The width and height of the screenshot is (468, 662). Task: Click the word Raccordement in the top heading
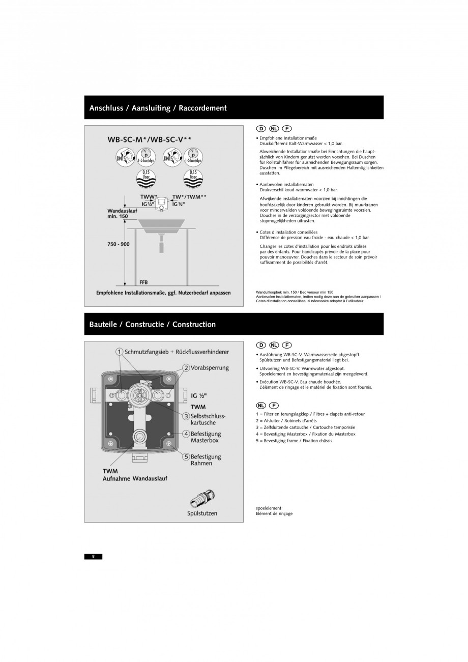pyautogui.click(x=202, y=108)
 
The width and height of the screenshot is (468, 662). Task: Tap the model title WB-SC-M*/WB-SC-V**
pyautogui.click(x=149, y=139)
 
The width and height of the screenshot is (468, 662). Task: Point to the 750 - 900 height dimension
pyautogui.click(x=118, y=244)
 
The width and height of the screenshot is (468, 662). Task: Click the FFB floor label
pyautogui.click(x=143, y=282)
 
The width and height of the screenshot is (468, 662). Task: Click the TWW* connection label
pyautogui.click(x=149, y=196)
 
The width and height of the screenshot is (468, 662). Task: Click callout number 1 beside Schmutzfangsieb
pyautogui.click(x=119, y=352)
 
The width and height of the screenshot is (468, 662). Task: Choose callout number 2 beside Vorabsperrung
pyautogui.click(x=186, y=367)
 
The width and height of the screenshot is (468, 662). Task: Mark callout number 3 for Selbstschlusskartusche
pyautogui.click(x=186, y=416)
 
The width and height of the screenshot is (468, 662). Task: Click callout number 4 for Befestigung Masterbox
pyautogui.click(x=186, y=434)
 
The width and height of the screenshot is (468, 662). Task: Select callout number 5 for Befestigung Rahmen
pyautogui.click(x=186, y=456)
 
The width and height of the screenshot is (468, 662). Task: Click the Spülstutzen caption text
pyautogui.click(x=202, y=513)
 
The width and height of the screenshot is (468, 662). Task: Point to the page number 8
pyautogui.click(x=93, y=556)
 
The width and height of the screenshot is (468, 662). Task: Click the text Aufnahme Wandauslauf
pyautogui.click(x=135, y=478)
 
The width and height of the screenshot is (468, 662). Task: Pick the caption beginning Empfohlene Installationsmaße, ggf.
pyautogui.click(x=163, y=293)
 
